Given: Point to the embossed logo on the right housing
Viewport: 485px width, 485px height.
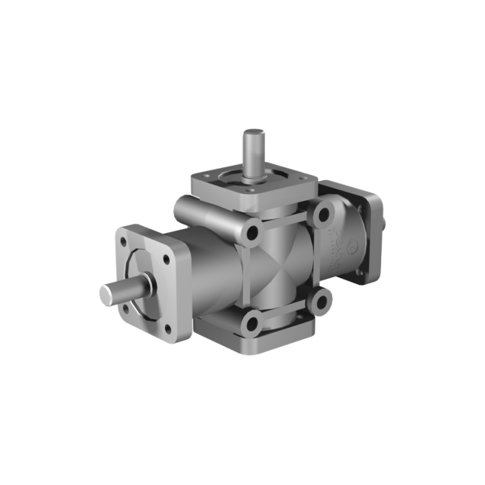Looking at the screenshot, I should pyautogui.click(x=341, y=250).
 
